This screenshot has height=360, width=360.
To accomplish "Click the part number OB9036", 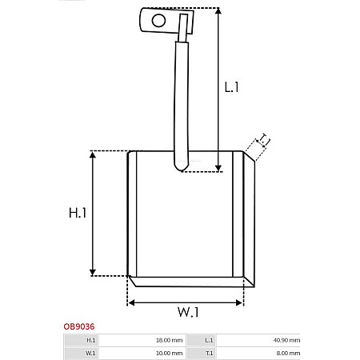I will coord(79,326).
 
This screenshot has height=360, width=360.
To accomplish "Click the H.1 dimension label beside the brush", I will coord(77,213).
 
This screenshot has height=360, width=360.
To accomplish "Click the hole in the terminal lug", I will coord(158,19).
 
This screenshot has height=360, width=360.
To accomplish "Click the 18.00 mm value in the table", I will coord(169,340).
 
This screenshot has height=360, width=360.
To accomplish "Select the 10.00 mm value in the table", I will coord(169,352).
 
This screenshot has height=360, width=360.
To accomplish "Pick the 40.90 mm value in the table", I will coord(286,340).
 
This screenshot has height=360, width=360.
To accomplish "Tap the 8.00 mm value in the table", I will coord(287,352).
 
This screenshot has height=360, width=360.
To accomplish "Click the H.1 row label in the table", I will coord(90,340).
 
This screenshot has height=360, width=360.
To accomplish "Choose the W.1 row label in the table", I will coord(90,352).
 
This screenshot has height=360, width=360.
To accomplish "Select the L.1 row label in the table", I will coord(209,340).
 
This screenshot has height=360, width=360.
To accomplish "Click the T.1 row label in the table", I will coord(209,352).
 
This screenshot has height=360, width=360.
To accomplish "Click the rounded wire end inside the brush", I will coord(180,166).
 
